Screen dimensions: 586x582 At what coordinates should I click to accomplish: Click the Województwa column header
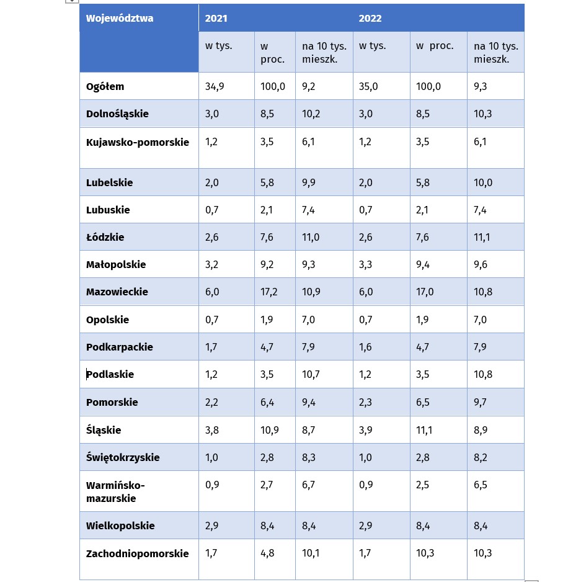120,19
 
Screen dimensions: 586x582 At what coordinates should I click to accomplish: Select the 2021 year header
216,19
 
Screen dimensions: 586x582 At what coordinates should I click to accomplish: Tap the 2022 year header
370,19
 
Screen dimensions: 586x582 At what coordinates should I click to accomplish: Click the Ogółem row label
105,86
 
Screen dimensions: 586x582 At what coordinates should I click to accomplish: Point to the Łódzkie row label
105,237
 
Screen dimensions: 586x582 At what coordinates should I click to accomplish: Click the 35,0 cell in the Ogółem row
368,86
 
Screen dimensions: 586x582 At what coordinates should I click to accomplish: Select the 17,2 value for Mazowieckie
269,292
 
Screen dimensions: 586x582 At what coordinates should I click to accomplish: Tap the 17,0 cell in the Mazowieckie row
425,292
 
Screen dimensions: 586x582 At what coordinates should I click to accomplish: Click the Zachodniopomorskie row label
137,553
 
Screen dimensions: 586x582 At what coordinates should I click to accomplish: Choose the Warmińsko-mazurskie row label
115,491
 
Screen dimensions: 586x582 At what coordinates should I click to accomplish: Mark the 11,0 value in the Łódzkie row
311,237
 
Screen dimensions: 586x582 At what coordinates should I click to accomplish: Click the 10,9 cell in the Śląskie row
270,430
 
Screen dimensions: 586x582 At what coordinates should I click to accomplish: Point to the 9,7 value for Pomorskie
480,402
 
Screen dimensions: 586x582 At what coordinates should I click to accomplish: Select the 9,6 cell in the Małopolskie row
481,264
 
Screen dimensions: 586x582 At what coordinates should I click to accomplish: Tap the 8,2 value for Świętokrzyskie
481,457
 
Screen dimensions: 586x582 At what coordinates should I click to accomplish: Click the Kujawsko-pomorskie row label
138,142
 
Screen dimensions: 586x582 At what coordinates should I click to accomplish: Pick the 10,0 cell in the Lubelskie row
483,182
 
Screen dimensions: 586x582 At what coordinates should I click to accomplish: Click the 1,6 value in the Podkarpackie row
365,347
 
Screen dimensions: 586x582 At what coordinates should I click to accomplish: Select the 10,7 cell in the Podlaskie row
311,374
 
